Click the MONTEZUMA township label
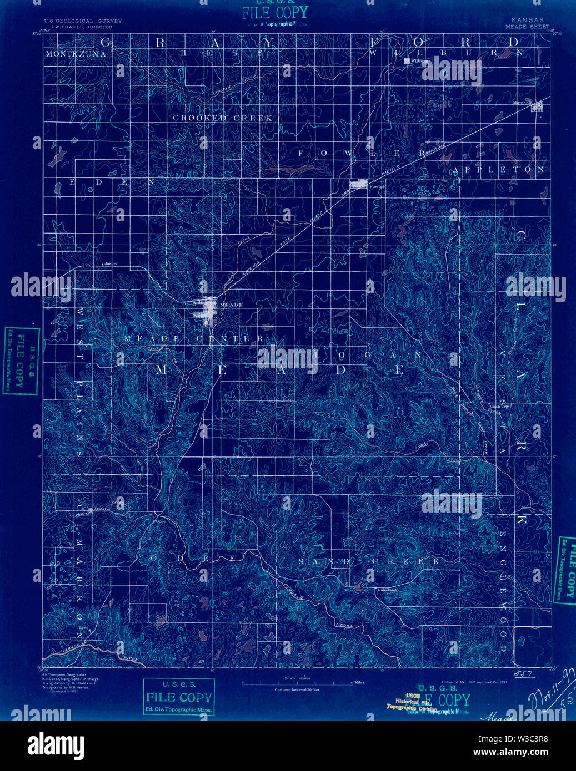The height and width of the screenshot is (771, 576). pyautogui.click(x=72, y=54)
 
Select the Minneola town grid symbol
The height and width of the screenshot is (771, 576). pyautogui.click(x=537, y=108)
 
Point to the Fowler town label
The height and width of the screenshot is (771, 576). pyautogui.click(x=377, y=187)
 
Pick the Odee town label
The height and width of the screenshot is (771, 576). pyautogui.click(x=160, y=521)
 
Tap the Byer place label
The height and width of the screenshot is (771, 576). pyautogui.click(x=84, y=628)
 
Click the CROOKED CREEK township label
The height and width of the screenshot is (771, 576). pyautogui.click(x=222, y=118)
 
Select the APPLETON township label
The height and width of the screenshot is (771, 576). pyautogui.click(x=500, y=169)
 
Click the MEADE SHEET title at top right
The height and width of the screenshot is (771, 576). pyautogui.click(x=527, y=27)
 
